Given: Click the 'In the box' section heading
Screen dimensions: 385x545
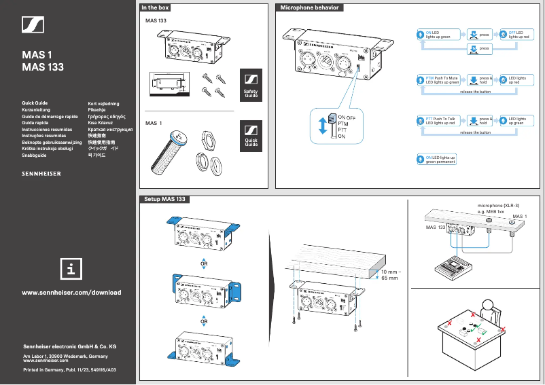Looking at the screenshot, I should tap(155, 7).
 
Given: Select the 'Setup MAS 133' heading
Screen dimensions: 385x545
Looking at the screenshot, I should tap(164, 200).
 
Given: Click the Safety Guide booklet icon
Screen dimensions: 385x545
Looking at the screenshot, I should tap(251, 85).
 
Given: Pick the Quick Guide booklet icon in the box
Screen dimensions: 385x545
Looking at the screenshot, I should tap(251, 135).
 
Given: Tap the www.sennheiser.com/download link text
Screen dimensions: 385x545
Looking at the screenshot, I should tap(72, 293).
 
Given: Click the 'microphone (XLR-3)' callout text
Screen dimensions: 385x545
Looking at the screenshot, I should tap(499, 205).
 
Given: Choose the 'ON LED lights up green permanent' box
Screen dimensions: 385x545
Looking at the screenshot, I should tap(436, 160).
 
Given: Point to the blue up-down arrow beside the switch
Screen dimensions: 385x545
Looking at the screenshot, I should tap(323, 127).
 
